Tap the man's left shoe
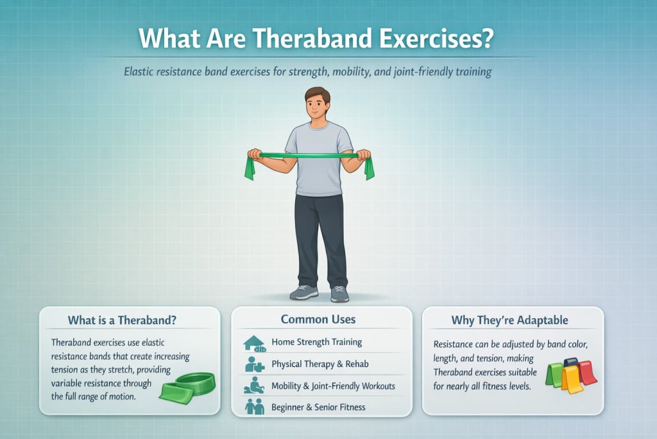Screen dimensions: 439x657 pyautogui.click(x=339, y=294)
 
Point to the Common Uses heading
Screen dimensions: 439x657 pyautogui.click(x=318, y=319)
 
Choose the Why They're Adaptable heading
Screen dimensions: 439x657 pyautogui.click(x=509, y=320)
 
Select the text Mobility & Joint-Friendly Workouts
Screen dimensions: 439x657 pyautogui.click(x=333, y=386)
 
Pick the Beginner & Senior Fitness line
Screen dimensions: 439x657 pyautogui.click(x=318, y=407)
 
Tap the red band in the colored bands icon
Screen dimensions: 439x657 pyautogui.click(x=588, y=372)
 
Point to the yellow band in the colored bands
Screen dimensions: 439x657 pyautogui.click(x=571, y=380)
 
